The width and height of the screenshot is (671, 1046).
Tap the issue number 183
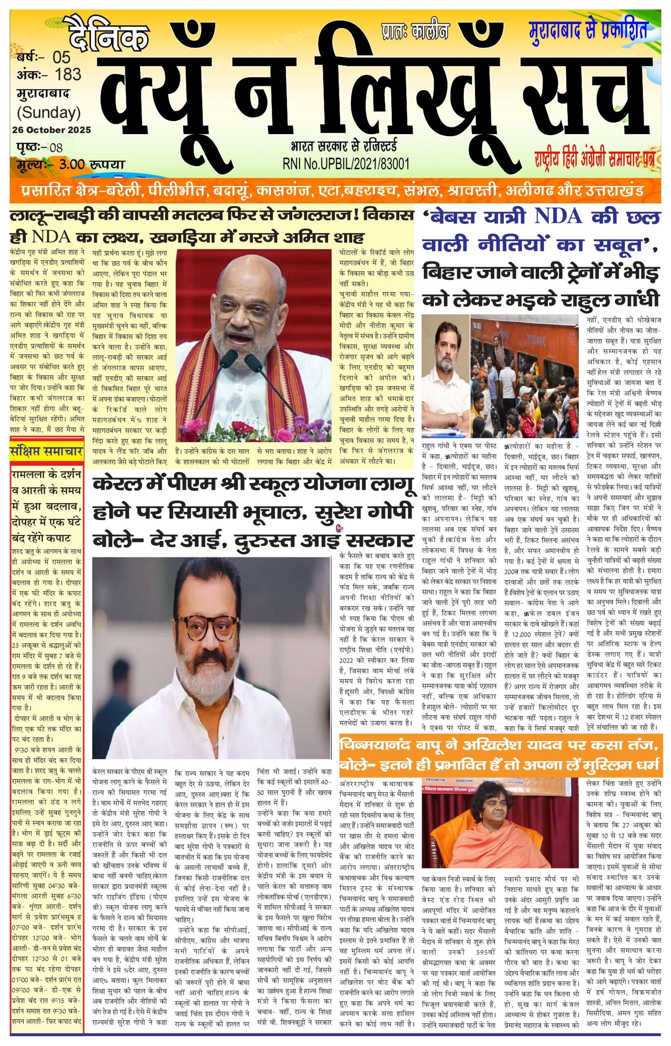(68, 75)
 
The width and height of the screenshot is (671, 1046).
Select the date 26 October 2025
(51, 130)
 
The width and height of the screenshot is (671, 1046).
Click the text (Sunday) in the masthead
(49, 113)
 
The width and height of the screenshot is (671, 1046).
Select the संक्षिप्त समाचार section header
(46, 452)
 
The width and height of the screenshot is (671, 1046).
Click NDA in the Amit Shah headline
(51, 237)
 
